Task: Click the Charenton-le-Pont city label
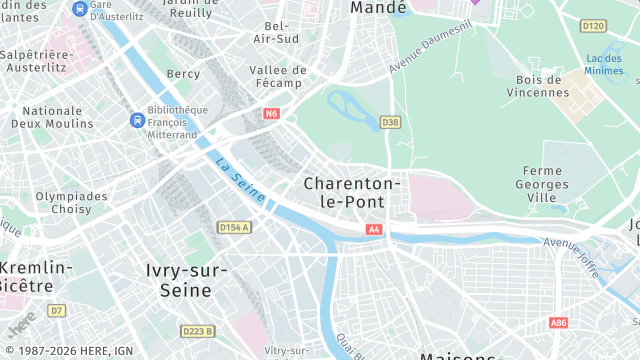pyautogui.click(x=352, y=192)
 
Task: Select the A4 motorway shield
pyautogui.click(x=374, y=230)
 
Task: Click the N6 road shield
pyautogui.click(x=271, y=114)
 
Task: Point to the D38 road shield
pyautogui.click(x=390, y=123)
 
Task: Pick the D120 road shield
pyautogui.click(x=593, y=26)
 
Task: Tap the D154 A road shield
pyautogui.click(x=233, y=228)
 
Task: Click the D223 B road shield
pyautogui.click(x=197, y=331)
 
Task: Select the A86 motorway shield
pyautogui.click(x=559, y=323)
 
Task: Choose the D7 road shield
pyautogui.click(x=57, y=311)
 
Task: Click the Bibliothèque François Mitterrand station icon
pyautogui.click(x=137, y=120)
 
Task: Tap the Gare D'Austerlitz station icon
pyautogui.click(x=79, y=8)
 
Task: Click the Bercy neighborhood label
pyautogui.click(x=183, y=74)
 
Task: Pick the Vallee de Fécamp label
pyautogui.click(x=279, y=77)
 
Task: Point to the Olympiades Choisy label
pyautogui.click(x=71, y=204)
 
